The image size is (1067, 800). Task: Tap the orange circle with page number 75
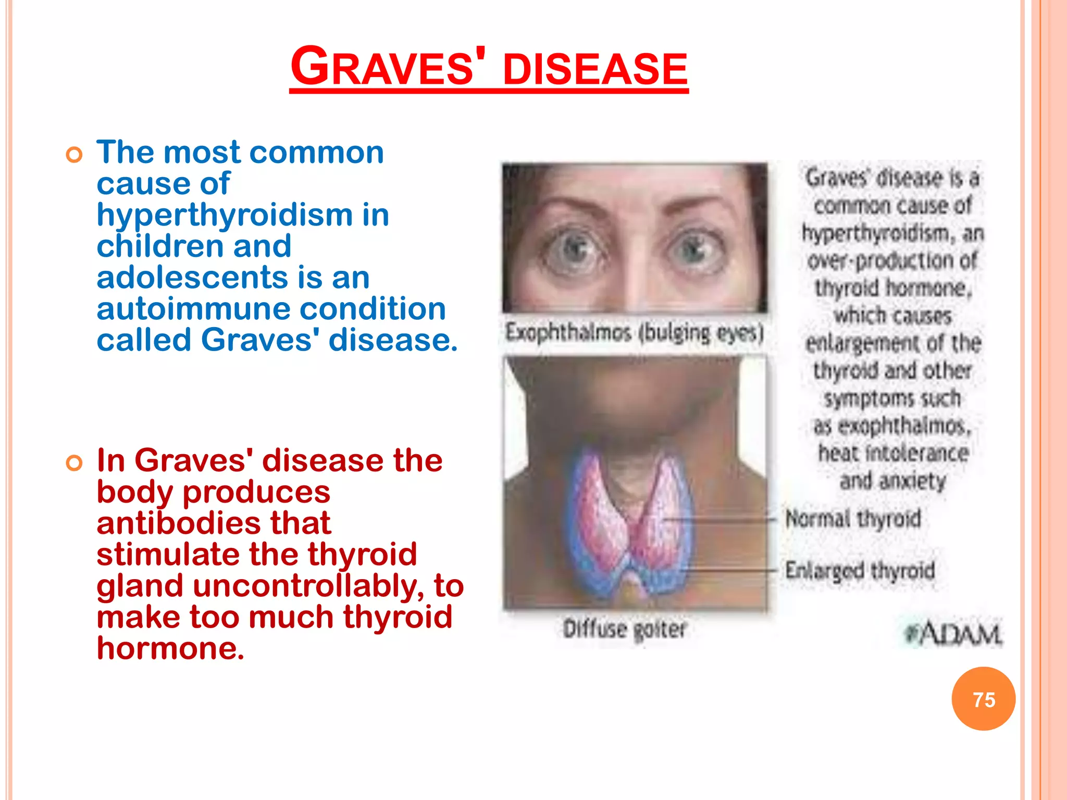[x=983, y=699]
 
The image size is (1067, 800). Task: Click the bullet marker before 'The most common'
[x=75, y=155]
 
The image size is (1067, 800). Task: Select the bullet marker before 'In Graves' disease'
[x=75, y=463]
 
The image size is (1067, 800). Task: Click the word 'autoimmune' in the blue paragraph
[x=194, y=309]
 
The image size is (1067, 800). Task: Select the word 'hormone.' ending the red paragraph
[x=170, y=648]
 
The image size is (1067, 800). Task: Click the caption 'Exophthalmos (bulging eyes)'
[x=635, y=332]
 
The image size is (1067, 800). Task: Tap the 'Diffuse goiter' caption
[x=625, y=629]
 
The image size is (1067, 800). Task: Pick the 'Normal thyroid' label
[x=853, y=519]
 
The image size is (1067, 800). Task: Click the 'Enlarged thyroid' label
[x=860, y=570]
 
